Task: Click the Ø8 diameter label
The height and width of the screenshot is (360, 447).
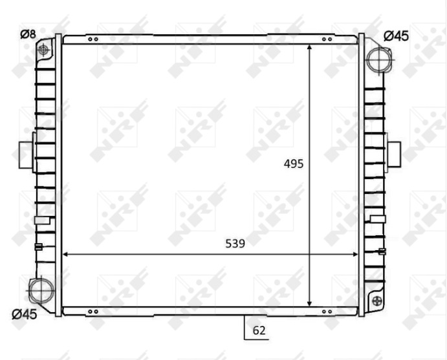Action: tap(28, 34)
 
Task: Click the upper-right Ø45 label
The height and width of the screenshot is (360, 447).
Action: tap(397, 36)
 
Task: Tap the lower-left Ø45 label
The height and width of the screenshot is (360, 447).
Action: tap(25, 314)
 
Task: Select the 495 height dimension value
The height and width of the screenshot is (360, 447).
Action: tap(294, 164)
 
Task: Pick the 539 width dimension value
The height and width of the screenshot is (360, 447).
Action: tap(235, 244)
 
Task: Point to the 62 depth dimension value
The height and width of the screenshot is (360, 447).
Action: tap(259, 330)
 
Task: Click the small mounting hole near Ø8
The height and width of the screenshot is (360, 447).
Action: tap(43, 50)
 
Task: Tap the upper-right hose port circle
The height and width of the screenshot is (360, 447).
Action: tap(378, 60)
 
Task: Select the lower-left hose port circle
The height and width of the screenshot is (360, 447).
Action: tap(41, 290)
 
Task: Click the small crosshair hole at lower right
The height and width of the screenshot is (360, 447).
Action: tap(377, 300)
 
